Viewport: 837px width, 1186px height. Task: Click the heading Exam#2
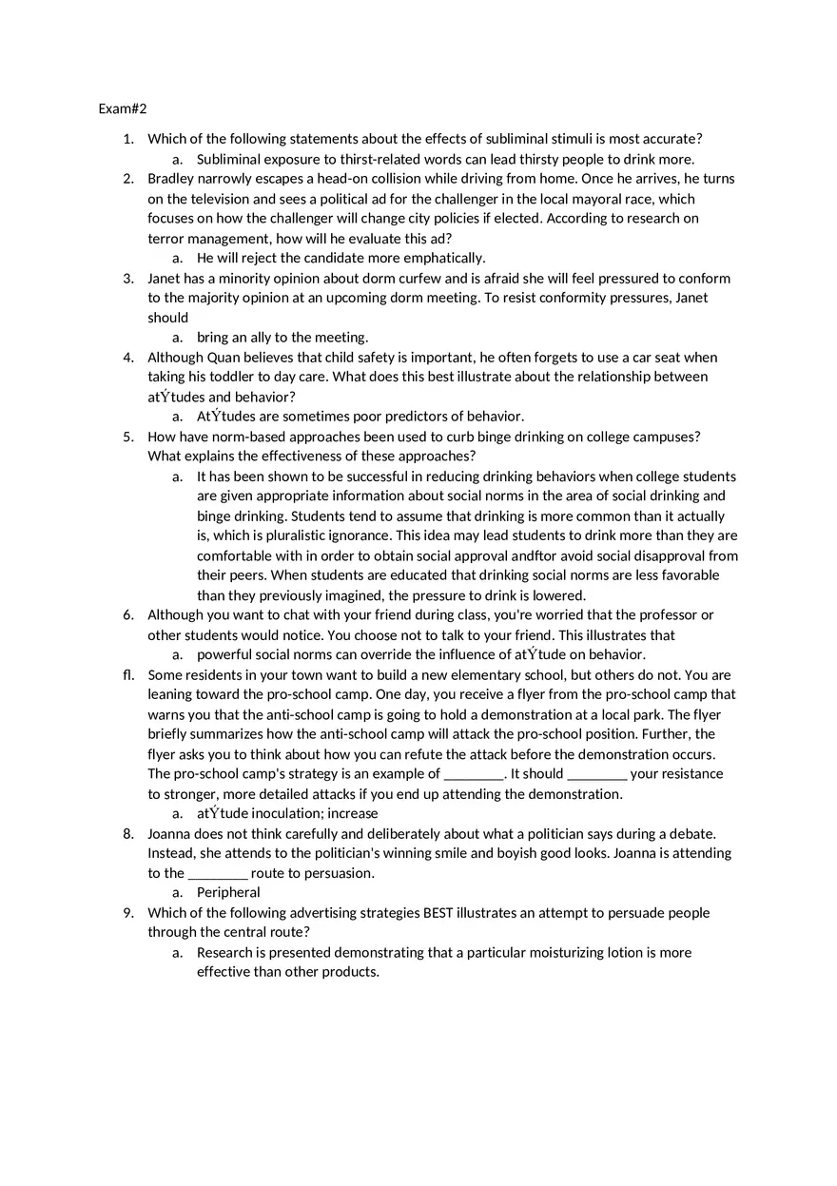(x=123, y=109)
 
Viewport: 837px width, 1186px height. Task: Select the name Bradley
(x=173, y=179)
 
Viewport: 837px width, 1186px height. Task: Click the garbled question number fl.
(x=128, y=675)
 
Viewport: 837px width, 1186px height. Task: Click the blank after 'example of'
(x=474, y=774)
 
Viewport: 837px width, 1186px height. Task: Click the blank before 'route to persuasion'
(x=218, y=873)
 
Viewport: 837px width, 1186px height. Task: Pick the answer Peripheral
(x=228, y=893)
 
